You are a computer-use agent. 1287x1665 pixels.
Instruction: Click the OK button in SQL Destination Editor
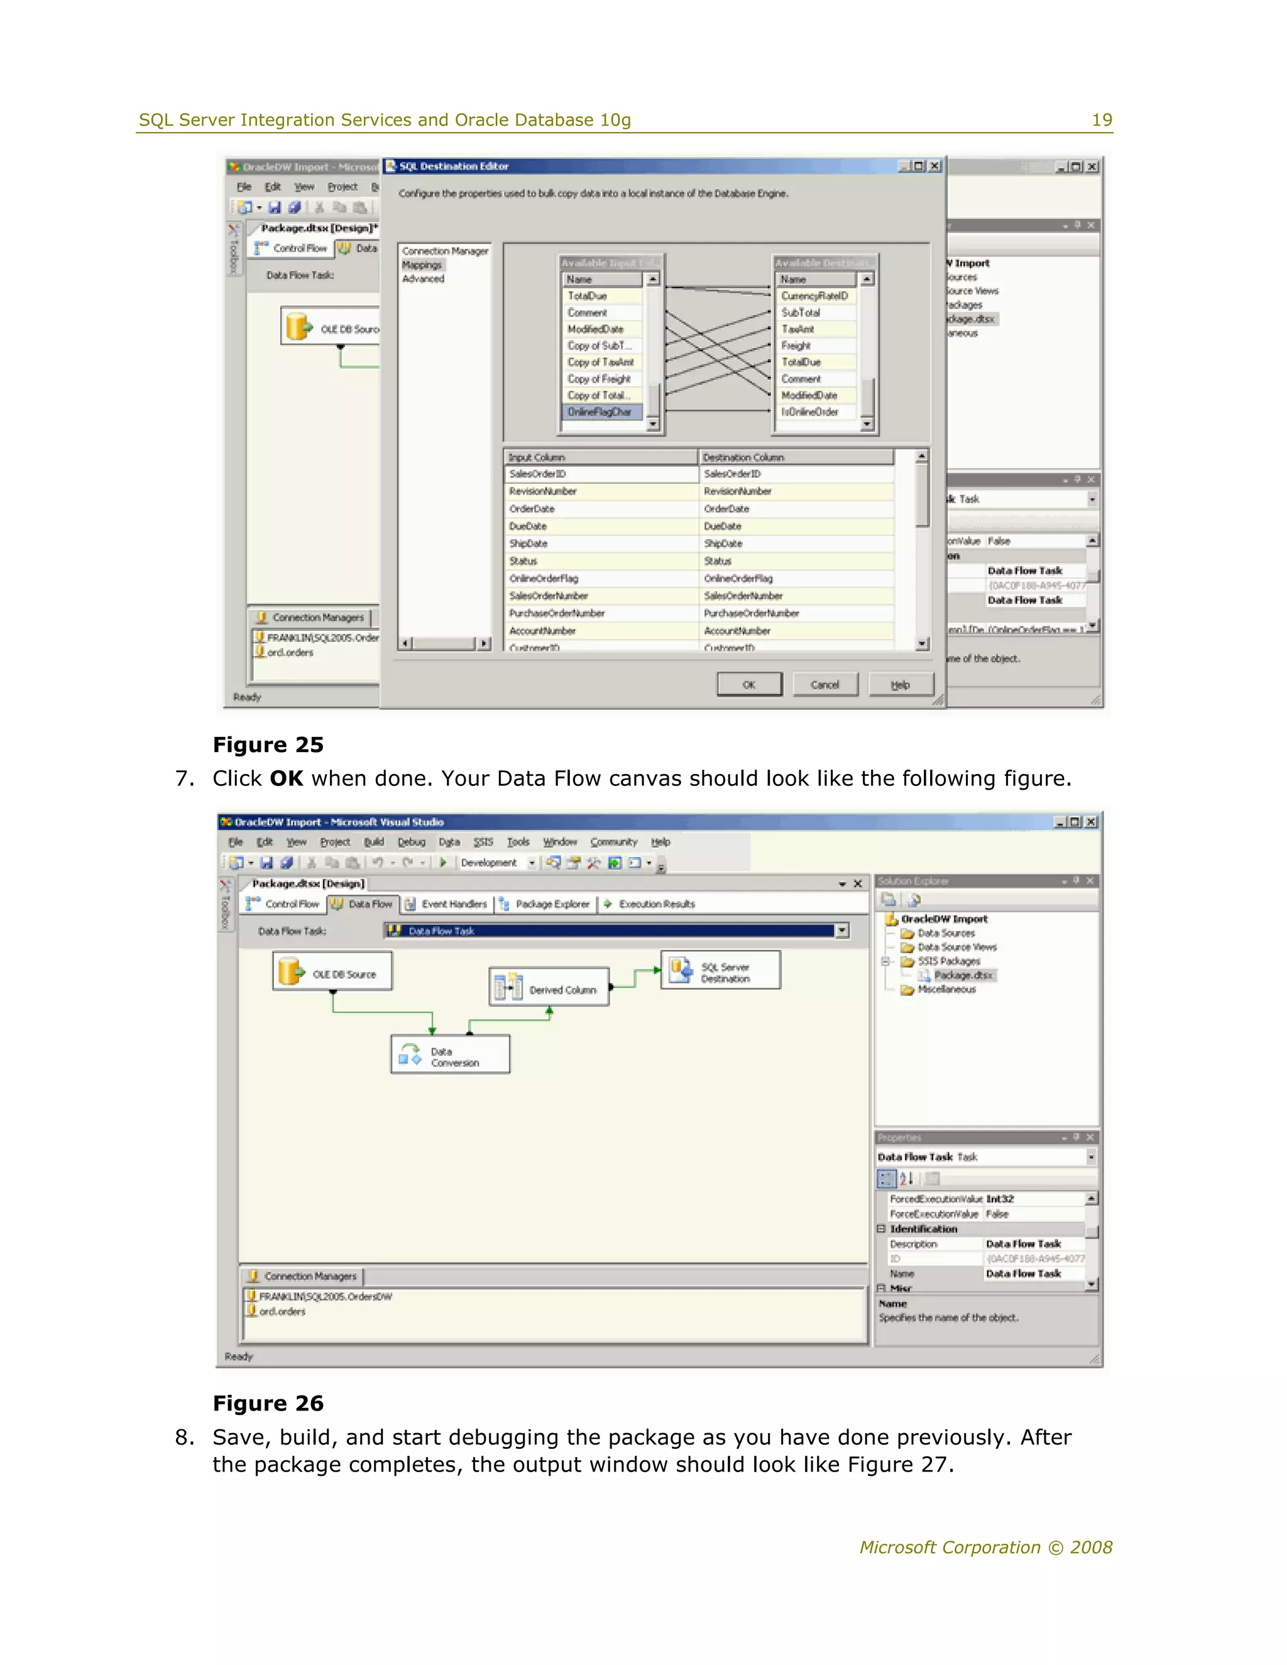pos(748,685)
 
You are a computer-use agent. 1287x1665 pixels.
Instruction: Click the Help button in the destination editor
pos(901,685)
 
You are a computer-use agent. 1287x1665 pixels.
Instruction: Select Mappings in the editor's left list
pos(422,265)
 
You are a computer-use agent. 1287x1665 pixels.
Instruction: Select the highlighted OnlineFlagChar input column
pos(600,412)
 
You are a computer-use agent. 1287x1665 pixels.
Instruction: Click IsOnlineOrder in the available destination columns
pos(809,412)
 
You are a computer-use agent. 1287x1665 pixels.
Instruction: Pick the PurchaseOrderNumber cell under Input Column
pos(557,613)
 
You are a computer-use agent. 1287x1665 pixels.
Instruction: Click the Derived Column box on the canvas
pos(549,988)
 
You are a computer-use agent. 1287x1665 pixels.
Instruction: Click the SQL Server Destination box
pos(721,971)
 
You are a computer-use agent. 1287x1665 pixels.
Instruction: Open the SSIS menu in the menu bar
pos(483,842)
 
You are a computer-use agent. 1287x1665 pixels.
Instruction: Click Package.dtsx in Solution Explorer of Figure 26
pos(963,975)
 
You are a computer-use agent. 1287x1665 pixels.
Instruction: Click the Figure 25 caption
pos(268,744)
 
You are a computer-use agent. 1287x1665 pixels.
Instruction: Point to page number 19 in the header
pos(1102,119)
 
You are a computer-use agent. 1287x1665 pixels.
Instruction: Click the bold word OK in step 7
pos(286,778)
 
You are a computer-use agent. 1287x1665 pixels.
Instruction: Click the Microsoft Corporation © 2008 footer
pos(985,1547)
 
